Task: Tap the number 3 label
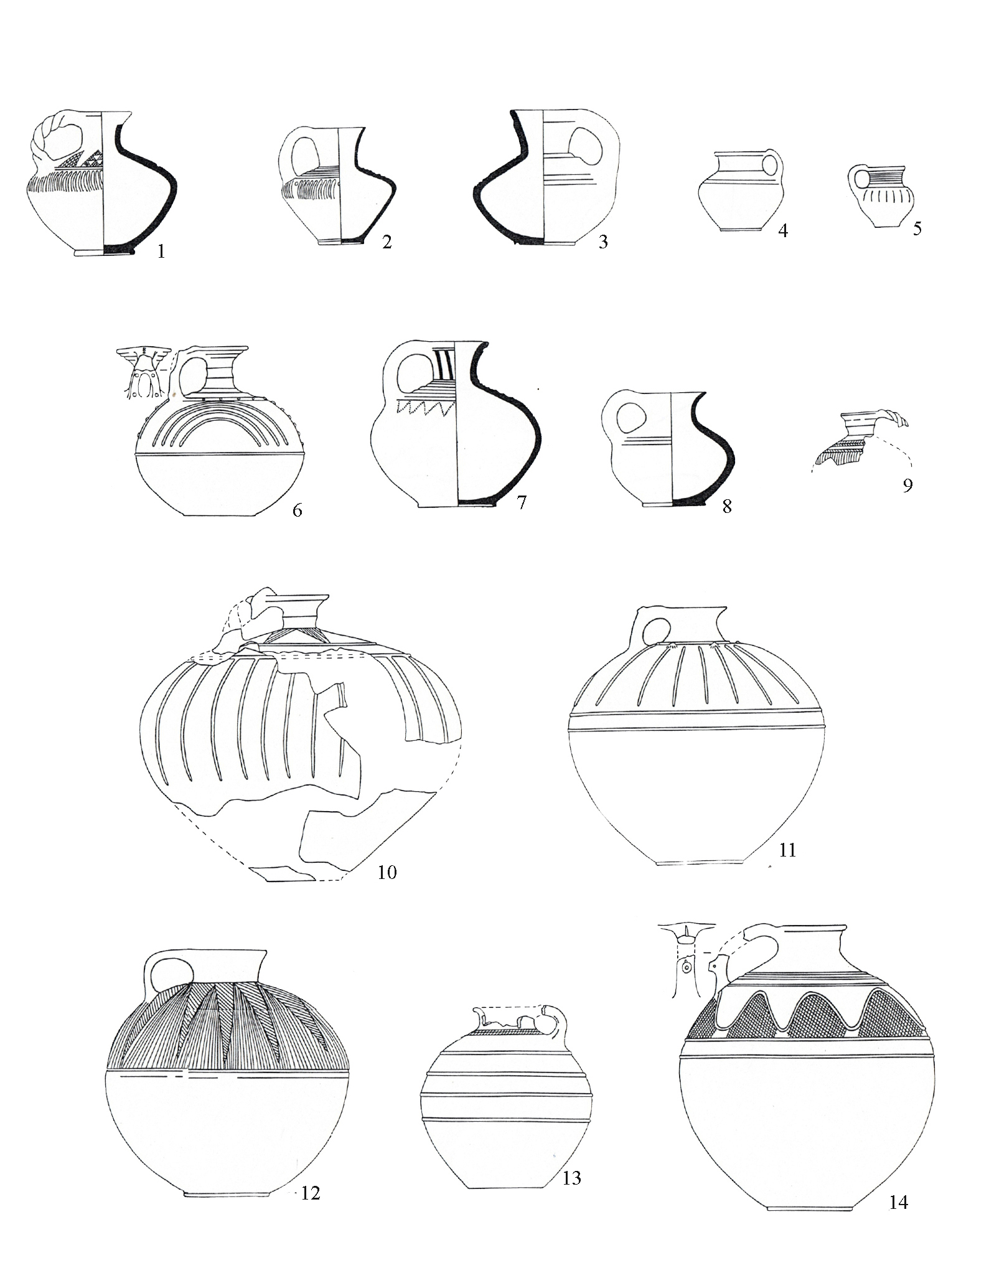(602, 242)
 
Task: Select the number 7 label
(521, 502)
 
